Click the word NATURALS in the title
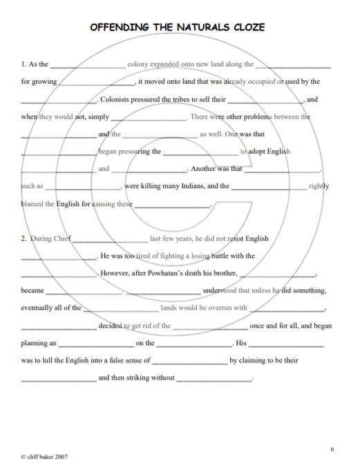pos(196,27)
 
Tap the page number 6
pos(332,450)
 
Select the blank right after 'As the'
pos(88,66)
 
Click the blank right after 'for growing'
pos(96,83)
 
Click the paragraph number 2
pos(23,239)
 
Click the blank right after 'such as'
pos(83,187)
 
